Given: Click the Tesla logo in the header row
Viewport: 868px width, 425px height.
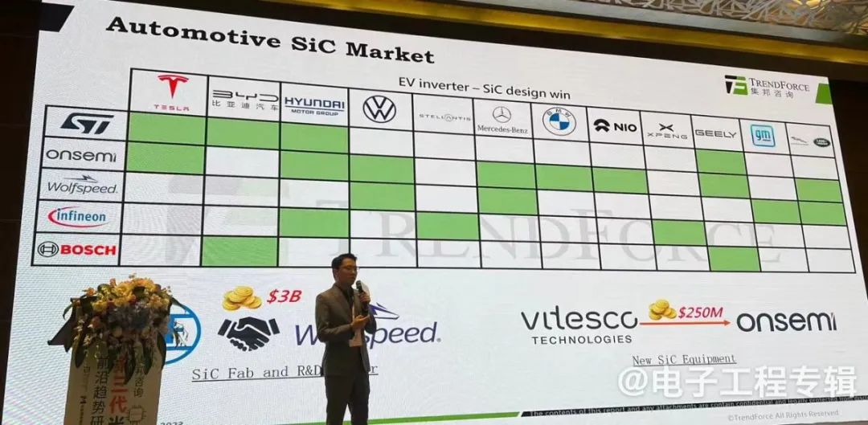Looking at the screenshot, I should (x=172, y=90).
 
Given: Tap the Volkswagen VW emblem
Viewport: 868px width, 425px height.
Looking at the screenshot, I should (x=379, y=108).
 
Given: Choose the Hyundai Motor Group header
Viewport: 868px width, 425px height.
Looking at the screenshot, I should (x=314, y=105).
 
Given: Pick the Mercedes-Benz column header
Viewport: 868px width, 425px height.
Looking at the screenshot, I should (x=502, y=119).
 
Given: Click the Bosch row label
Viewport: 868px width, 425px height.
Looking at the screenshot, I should (x=77, y=250).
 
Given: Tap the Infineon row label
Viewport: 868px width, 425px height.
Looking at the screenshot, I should (x=77, y=217).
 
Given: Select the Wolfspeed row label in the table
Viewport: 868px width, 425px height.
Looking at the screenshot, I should (x=81, y=185).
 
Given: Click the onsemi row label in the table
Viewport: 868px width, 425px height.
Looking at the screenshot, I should (x=80, y=154).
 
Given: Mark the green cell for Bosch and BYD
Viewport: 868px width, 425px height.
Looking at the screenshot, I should (x=240, y=251).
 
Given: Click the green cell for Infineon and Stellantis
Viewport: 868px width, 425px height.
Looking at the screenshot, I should (x=447, y=226).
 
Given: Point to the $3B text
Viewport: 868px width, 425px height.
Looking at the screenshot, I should (x=284, y=296).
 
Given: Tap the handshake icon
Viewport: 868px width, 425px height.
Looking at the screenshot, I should (x=249, y=332).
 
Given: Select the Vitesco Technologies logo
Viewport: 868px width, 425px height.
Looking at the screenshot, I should (x=579, y=325).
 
